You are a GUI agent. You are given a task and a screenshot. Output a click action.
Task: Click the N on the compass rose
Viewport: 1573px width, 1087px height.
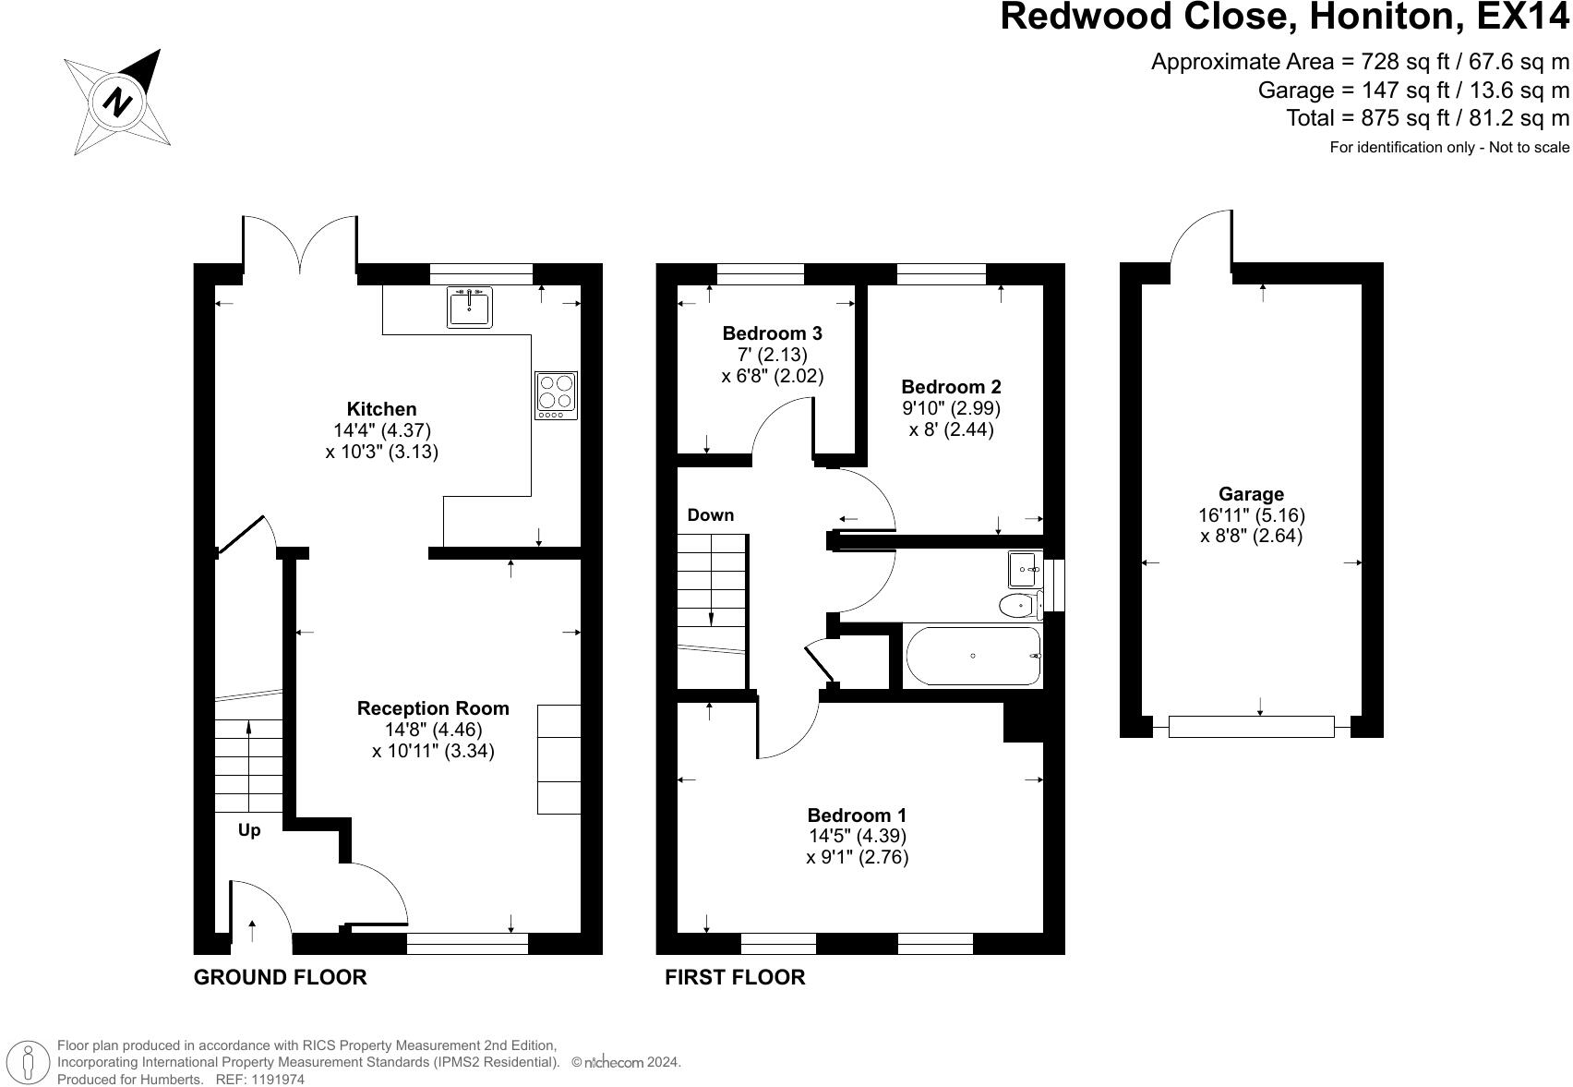click(117, 103)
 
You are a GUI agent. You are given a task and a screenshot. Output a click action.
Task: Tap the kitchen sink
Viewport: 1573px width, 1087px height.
click(469, 307)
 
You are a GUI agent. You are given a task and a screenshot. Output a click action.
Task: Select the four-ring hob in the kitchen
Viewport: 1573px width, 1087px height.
click(556, 395)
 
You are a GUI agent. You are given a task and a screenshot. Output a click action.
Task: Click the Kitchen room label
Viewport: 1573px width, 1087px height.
click(381, 409)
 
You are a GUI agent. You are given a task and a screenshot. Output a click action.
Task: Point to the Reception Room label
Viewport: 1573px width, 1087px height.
click(433, 708)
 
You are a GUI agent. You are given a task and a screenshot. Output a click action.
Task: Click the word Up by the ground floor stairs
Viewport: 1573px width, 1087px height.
click(249, 830)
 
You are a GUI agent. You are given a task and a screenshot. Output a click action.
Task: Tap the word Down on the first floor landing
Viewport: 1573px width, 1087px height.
click(711, 515)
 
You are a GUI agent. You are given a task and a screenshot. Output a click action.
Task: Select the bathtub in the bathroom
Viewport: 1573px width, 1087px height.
click(973, 656)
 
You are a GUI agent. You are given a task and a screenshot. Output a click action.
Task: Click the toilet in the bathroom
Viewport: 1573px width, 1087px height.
click(1020, 605)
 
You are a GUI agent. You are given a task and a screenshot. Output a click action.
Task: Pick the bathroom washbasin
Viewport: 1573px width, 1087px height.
click(1026, 569)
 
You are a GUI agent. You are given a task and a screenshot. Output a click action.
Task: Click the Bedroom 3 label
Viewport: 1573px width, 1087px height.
click(772, 333)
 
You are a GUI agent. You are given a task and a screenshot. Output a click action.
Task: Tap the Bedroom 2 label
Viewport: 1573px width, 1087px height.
click(951, 386)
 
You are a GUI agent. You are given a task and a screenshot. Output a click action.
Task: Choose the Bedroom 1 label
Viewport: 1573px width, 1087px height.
click(857, 815)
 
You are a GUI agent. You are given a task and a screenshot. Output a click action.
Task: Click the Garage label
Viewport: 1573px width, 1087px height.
click(1251, 494)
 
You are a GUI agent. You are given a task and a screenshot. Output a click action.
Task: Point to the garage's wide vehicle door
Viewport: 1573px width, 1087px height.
click(1252, 727)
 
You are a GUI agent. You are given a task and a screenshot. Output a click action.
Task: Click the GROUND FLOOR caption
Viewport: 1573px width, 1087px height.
click(281, 977)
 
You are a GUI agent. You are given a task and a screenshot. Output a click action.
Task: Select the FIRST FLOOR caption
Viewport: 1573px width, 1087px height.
click(735, 977)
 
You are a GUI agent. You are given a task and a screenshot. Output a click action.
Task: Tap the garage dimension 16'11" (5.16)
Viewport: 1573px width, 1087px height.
click(1252, 515)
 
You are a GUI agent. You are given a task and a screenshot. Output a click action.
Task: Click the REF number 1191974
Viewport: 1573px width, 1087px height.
click(277, 1080)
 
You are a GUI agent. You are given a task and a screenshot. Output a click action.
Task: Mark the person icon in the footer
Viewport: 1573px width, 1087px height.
click(28, 1062)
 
